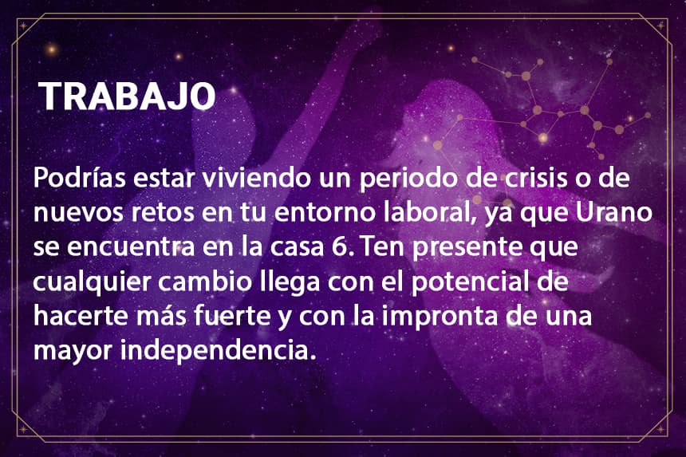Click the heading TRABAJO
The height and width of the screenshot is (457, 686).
coord(128,97)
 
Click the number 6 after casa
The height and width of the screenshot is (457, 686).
coord(337,247)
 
